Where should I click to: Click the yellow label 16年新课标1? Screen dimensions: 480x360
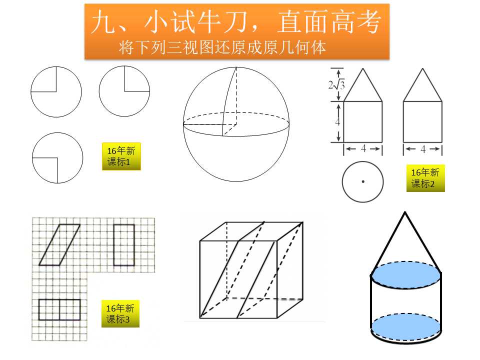pos(121,156)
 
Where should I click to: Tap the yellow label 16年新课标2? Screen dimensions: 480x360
pos(425,178)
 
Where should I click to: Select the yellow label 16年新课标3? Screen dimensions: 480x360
pos(120,314)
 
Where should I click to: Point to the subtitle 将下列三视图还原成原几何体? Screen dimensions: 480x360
pos(222,47)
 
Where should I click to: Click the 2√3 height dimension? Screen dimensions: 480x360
pos(336,85)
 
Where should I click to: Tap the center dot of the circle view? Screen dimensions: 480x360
pos(363,181)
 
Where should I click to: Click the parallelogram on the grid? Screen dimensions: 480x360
pos(59,245)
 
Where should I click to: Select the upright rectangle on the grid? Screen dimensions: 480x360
pos(124,245)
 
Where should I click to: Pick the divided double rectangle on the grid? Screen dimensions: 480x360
pos(59,310)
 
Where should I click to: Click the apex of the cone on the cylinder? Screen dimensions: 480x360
pos(405,212)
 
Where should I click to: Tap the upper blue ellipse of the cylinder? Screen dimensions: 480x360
pos(406,274)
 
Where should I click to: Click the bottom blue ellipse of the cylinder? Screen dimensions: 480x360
pos(406,326)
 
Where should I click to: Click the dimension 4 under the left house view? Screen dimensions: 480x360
pos(363,149)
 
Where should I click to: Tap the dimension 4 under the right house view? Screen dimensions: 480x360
pos(423,149)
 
